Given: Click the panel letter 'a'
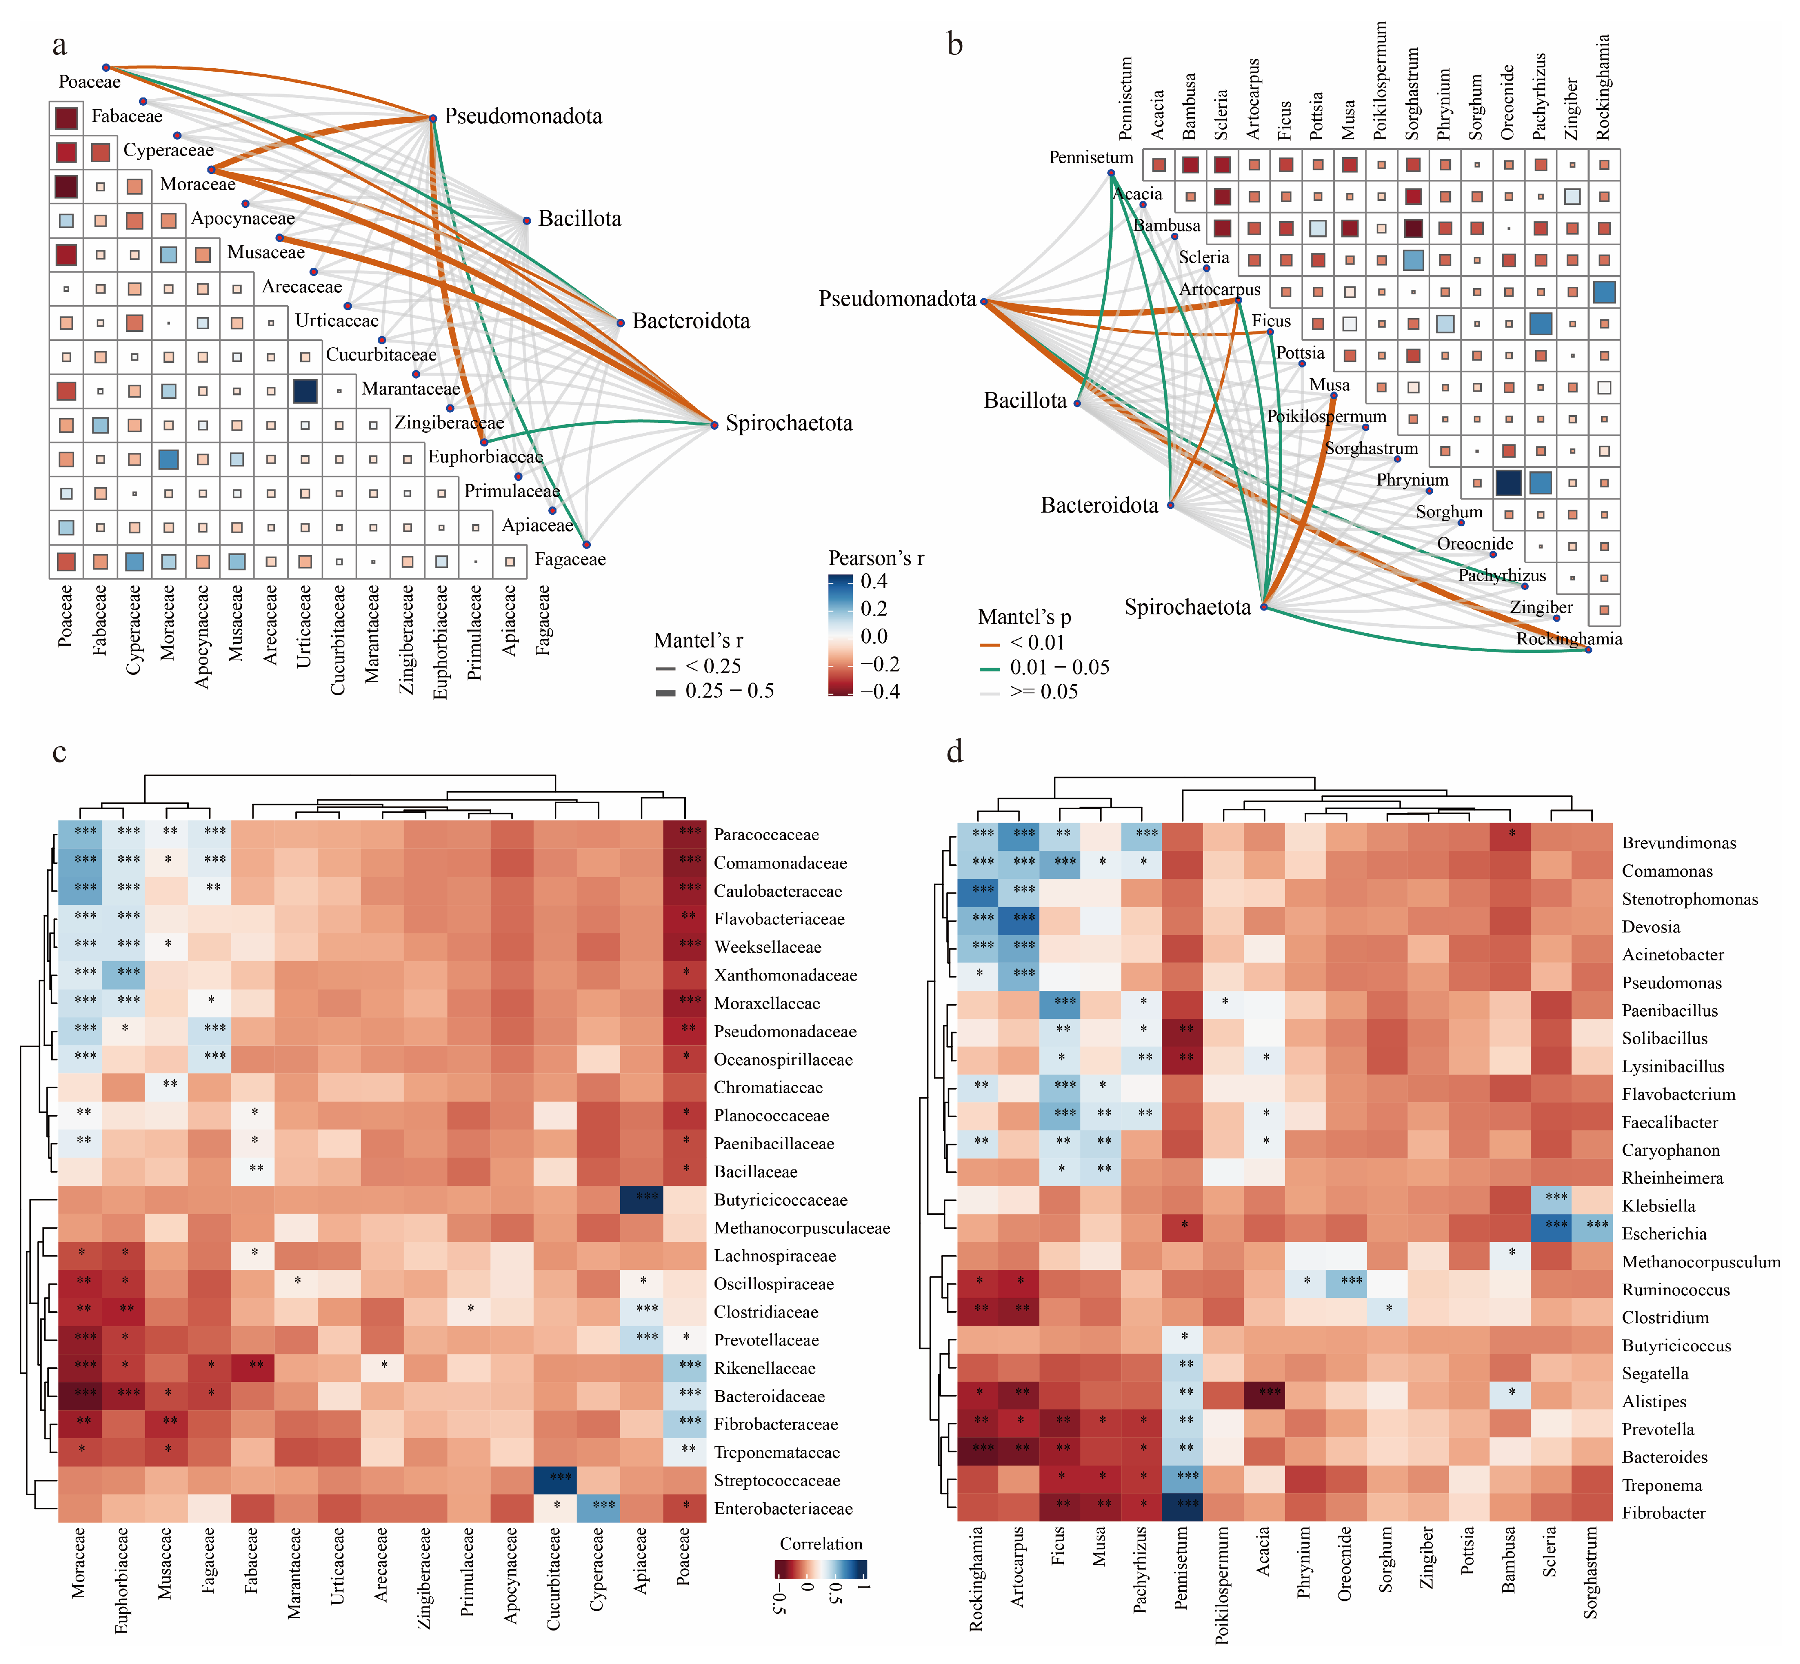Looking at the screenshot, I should tap(59, 45).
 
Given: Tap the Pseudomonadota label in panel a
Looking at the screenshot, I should tap(523, 116).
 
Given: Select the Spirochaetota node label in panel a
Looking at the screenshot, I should tap(789, 423).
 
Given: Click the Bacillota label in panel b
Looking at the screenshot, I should tap(1025, 401).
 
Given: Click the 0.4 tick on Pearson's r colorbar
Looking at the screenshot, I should tap(873, 581).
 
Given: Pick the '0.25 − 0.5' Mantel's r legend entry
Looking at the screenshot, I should tap(730, 691).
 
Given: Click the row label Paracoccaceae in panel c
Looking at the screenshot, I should tap(766, 835).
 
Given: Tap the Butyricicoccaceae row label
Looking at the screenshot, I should tap(781, 1199).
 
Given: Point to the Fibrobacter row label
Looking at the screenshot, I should tap(1664, 1513).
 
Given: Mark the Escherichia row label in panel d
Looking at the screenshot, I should tap(1664, 1233).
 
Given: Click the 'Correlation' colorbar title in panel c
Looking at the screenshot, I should tap(820, 1543).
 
